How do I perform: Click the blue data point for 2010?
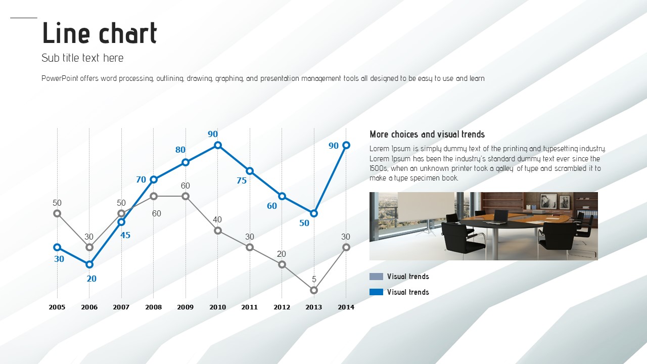tap(218, 145)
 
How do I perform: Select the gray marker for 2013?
tap(314, 290)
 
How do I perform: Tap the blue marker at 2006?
tap(89, 264)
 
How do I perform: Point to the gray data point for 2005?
tap(57, 213)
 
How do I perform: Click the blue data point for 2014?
tap(346, 145)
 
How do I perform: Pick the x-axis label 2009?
tap(186, 307)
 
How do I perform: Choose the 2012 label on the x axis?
tap(282, 307)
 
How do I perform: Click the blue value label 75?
tap(242, 181)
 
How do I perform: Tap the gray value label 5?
tap(314, 280)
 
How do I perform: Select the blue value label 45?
tap(125, 236)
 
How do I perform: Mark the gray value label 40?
tap(217, 220)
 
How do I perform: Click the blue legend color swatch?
tap(377, 292)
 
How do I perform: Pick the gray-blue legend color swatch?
tap(377, 277)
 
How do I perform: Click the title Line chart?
tap(100, 33)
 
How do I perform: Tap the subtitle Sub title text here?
tap(82, 58)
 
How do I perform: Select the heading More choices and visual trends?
tap(427, 134)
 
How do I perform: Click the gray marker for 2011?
tap(250, 247)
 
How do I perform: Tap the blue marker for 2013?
tap(314, 213)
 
